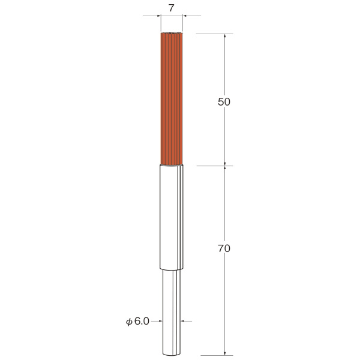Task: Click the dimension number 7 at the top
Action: (x=171, y=8)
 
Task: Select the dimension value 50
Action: (x=224, y=102)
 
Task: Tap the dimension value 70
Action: (x=224, y=248)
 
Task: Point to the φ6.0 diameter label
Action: (x=137, y=321)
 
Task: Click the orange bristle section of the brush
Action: (x=172, y=99)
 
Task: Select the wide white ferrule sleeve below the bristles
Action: (x=172, y=217)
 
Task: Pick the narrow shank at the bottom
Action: (x=172, y=312)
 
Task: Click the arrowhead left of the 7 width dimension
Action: (x=159, y=16)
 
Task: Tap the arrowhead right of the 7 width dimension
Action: (x=185, y=16)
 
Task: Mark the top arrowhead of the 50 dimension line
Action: (x=225, y=36)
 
